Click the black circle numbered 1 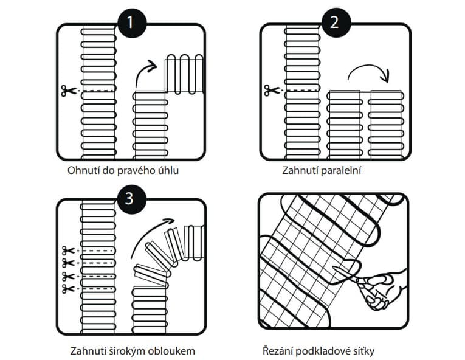click(132, 23)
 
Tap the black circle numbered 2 click(336, 22)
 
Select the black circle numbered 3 click(132, 199)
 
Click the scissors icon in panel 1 click(67, 91)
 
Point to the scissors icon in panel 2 click(271, 90)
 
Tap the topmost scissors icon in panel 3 click(68, 251)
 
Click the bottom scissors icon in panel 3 click(68, 288)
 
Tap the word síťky click(364, 351)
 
